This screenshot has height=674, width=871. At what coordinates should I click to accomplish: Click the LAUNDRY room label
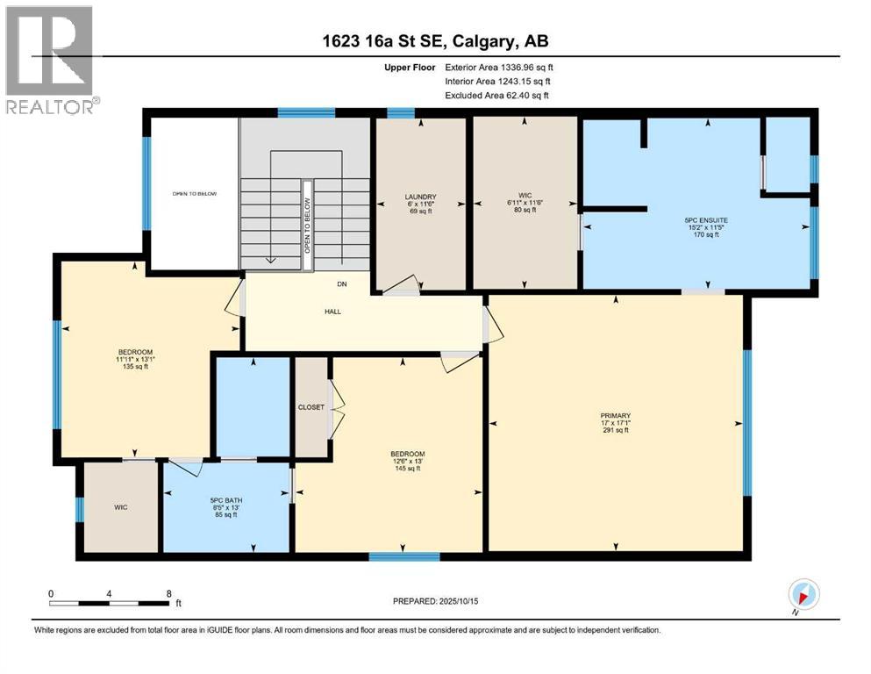pyautogui.click(x=420, y=197)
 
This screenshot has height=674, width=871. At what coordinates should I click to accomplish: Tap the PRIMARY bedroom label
pyautogui.click(x=616, y=416)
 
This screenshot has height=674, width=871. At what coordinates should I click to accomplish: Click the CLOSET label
pyautogui.click(x=311, y=407)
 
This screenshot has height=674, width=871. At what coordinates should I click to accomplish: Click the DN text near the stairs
pyautogui.click(x=342, y=284)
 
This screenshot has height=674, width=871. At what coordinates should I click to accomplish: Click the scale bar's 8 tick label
pyautogui.click(x=168, y=593)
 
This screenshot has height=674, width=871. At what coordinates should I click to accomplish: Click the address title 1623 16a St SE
pyautogui.click(x=435, y=41)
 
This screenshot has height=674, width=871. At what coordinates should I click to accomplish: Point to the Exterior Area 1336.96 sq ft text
pyautogui.click(x=499, y=67)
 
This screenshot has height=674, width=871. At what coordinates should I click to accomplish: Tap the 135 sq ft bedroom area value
pyautogui.click(x=134, y=367)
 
